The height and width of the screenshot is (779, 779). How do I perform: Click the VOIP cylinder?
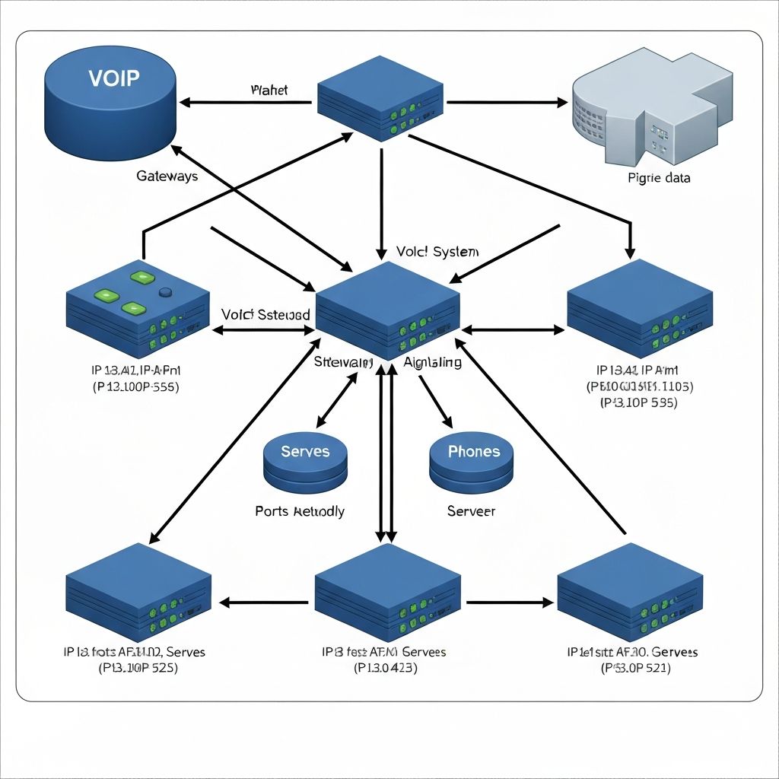point(111,103)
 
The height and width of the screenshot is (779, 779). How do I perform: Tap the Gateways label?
point(167,176)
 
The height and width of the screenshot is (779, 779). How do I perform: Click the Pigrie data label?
point(660,178)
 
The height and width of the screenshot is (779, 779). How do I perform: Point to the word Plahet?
point(269,90)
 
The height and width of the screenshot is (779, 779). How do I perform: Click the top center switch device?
point(380,97)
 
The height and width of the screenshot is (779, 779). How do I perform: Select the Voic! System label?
point(437,252)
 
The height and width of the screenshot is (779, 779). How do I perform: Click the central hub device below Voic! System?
point(387,308)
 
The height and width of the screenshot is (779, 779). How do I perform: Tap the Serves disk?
point(305,461)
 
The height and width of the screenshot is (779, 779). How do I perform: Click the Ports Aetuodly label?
point(300,511)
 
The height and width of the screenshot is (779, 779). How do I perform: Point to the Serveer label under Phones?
point(471,511)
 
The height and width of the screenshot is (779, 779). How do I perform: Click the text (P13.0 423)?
point(385,669)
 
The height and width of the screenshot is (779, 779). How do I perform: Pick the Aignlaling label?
point(432,362)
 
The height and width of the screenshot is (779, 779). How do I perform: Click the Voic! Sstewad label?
point(265,314)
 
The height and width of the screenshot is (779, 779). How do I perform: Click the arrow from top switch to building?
point(507,102)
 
